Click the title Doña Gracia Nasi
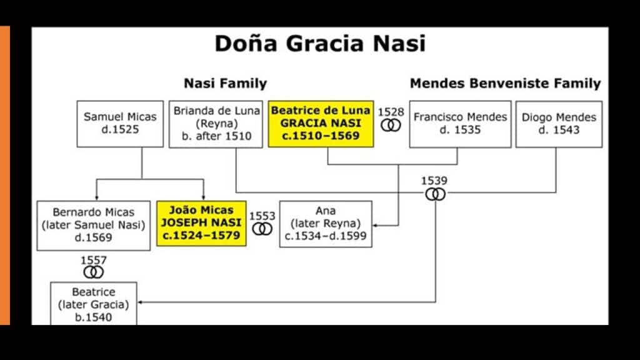pyautogui.click(x=321, y=44)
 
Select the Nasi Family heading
pyautogui.click(x=225, y=83)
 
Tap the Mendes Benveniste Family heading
pyautogui.click(x=505, y=83)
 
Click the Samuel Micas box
pyautogui.click(x=120, y=124)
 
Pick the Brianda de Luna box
pyautogui.click(x=216, y=124)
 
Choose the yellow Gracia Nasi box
pyautogui.click(x=321, y=124)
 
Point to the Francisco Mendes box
pyautogui.click(x=460, y=124)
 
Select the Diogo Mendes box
pyautogui.click(x=559, y=124)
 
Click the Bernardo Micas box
pyautogui.click(x=94, y=225)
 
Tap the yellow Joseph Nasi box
pyautogui.click(x=201, y=223)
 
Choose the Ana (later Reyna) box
pyautogui.click(x=326, y=224)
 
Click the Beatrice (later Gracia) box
pyautogui.click(x=94, y=304)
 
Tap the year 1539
pyautogui.click(x=434, y=181)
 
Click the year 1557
pyautogui.click(x=94, y=260)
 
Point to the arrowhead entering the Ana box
pyautogui.click(x=375, y=225)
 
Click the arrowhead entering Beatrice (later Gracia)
pyautogui.click(x=139, y=302)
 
